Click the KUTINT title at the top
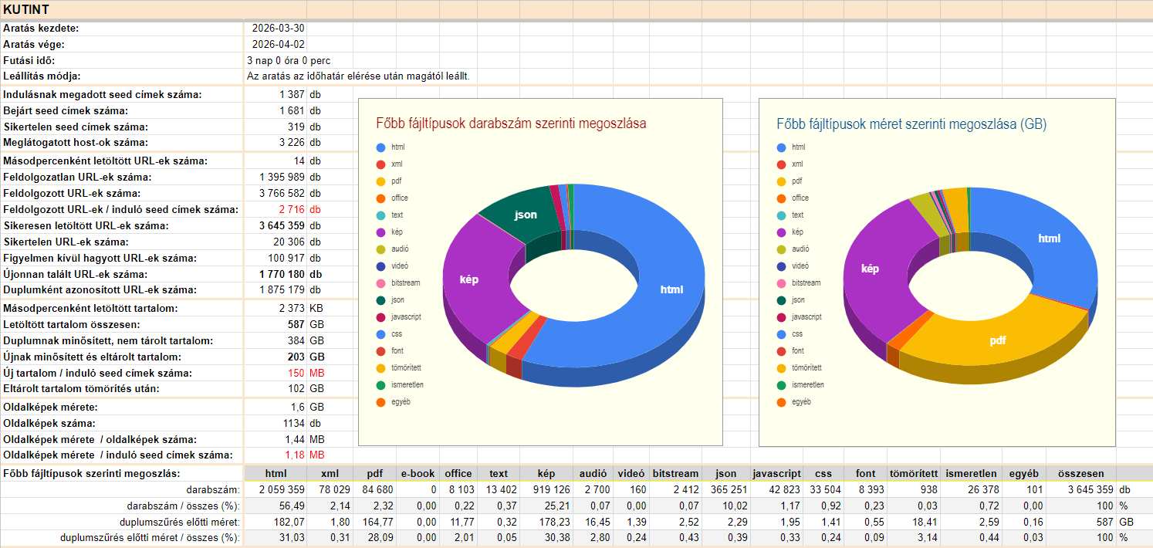pos(26,9)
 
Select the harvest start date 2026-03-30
pos(278,29)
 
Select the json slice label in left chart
pos(526,215)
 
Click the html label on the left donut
pos(671,289)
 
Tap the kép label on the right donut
pos(870,269)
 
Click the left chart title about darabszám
pos(511,123)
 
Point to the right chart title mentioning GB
pos(911,123)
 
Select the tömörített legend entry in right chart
pos(806,368)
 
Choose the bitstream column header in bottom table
pos(675,474)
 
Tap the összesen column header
pos(1080,474)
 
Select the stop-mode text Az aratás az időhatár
pos(358,76)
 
